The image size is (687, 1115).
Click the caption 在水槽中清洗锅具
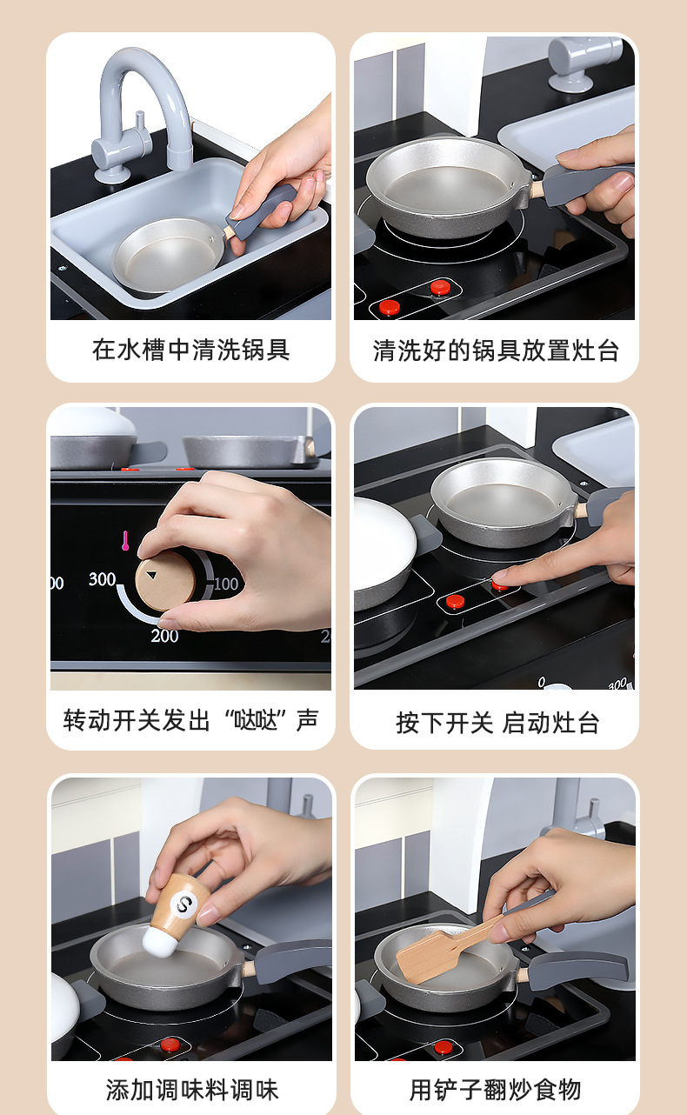[x=190, y=350]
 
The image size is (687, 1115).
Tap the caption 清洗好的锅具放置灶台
[x=496, y=351]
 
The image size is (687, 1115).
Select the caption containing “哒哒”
[x=190, y=720]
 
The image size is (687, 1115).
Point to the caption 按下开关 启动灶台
[x=497, y=723]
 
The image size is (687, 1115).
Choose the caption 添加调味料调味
[x=192, y=1090]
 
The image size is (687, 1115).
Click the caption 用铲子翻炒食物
[x=496, y=1090]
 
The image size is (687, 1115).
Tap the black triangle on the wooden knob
[x=151, y=575]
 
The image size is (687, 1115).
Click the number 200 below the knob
[x=164, y=636]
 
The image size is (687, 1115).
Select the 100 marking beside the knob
[x=226, y=584]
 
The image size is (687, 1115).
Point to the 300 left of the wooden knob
[x=102, y=579]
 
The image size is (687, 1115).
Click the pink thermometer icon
[x=125, y=541]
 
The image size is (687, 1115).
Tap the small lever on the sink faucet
[x=140, y=121]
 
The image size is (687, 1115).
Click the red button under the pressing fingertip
[x=500, y=586]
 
